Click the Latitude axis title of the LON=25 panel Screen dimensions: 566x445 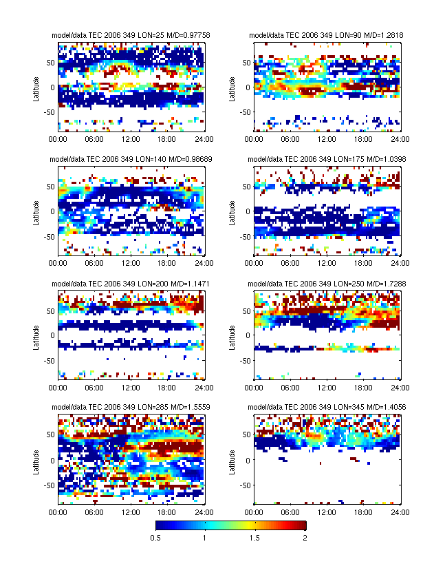[x=36, y=87]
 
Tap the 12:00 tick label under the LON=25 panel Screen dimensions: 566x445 [x=131, y=138]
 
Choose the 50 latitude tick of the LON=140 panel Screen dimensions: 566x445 [x=52, y=187]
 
